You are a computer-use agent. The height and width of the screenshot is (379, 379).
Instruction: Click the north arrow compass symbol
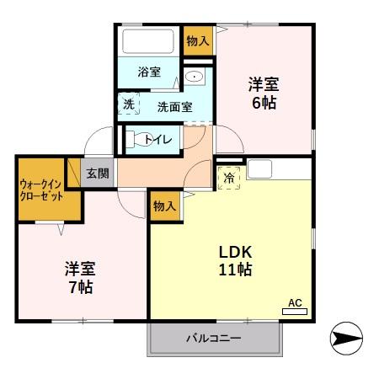346,339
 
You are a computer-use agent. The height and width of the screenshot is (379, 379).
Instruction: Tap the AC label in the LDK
295,302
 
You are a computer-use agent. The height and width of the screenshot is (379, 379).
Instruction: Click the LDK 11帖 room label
236,262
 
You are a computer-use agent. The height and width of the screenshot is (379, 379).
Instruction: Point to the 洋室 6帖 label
264,93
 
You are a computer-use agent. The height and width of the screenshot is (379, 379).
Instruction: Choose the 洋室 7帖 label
81,277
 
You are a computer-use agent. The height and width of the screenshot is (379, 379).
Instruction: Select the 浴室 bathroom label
149,72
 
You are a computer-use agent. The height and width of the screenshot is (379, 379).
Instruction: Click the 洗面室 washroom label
175,106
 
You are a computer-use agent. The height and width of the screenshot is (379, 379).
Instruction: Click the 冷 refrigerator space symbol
229,179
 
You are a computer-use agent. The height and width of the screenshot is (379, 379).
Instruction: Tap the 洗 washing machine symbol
129,104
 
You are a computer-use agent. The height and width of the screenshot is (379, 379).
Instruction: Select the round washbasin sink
194,77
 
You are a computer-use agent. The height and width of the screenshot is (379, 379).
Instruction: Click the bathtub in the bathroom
147,41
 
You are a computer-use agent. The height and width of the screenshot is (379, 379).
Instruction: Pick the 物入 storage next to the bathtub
198,40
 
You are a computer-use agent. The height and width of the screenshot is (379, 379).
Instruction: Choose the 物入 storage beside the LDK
164,206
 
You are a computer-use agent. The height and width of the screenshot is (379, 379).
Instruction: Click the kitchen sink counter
278,168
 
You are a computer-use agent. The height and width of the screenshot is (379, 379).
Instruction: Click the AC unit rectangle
295,311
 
